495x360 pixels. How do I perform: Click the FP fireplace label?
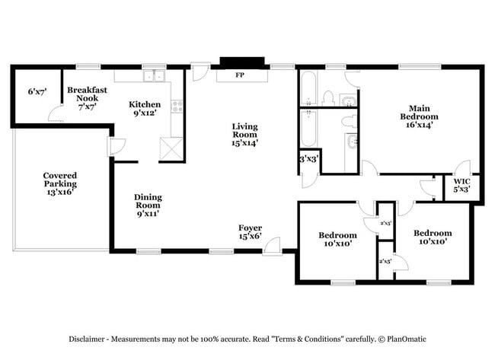239,75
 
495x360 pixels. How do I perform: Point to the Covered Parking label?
59,180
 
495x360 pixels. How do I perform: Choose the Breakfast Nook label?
87,94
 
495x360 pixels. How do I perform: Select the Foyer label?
251,227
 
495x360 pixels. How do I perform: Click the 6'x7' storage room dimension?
37,92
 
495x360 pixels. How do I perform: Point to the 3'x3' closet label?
308,160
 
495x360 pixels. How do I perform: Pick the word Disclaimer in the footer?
92,339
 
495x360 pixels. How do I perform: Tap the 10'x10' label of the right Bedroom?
433,242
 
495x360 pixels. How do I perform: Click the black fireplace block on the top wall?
241,62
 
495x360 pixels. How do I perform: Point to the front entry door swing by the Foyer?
272,244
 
